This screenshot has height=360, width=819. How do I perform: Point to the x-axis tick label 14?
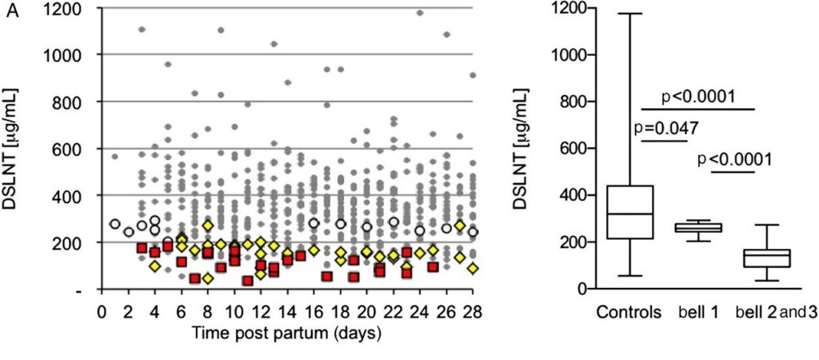[286, 310]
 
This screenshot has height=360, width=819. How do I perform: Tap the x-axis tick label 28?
[472, 310]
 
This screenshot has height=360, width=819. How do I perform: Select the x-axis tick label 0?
[102, 310]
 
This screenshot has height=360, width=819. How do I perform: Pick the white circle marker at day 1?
[114, 224]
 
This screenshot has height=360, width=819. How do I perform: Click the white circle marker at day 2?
[128, 232]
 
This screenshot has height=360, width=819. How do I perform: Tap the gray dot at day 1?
[114, 157]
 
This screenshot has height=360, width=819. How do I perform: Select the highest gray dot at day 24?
[420, 13]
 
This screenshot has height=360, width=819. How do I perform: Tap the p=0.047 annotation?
[665, 128]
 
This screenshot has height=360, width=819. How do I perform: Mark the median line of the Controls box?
[629, 214]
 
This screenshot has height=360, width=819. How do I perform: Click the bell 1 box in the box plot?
[698, 227]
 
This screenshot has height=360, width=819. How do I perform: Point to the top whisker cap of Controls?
[629, 14]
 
